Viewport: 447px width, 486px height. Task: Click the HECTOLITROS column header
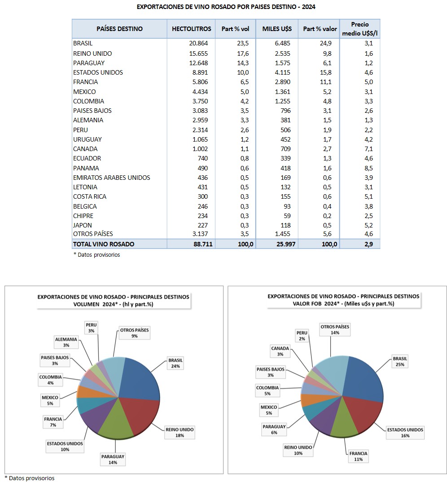point(191,29)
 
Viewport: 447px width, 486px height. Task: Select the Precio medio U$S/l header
point(360,29)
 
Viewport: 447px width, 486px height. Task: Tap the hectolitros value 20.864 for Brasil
point(202,44)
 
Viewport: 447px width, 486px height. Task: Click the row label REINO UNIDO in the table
point(92,54)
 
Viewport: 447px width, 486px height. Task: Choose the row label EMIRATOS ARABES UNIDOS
point(112,178)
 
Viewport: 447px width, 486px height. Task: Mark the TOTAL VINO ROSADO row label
point(104,244)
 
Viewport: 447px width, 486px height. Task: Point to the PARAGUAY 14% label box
point(113,459)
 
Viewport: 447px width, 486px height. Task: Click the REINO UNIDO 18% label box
point(180,432)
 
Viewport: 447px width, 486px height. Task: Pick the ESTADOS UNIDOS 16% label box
point(405,432)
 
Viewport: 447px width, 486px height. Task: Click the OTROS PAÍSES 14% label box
point(335,330)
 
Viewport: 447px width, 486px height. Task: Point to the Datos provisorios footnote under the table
point(97,255)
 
